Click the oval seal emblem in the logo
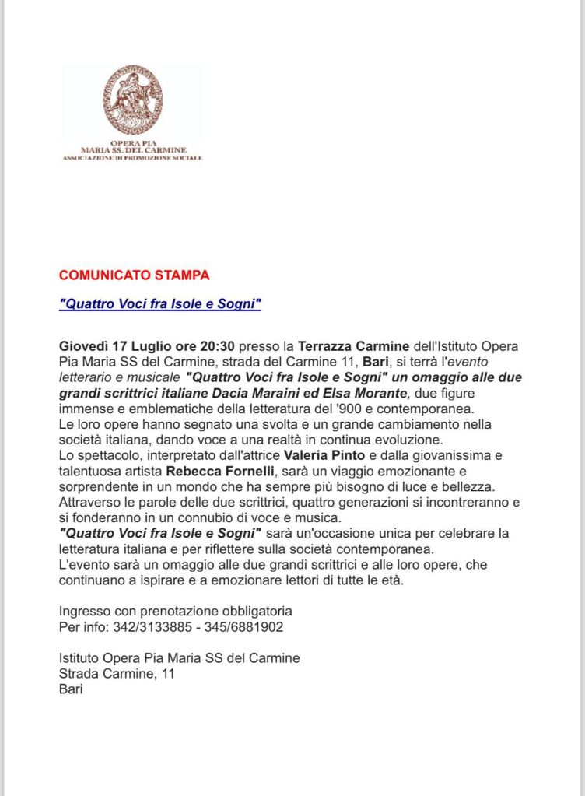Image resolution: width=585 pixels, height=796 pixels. (133, 100)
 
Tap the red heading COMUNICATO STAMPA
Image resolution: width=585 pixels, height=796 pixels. (134, 275)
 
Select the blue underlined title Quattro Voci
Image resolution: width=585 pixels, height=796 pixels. (159, 304)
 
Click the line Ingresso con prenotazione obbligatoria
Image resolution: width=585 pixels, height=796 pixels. (176, 611)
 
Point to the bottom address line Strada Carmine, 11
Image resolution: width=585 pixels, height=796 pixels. (117, 674)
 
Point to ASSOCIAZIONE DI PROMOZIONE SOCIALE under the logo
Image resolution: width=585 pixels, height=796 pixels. (132, 158)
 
